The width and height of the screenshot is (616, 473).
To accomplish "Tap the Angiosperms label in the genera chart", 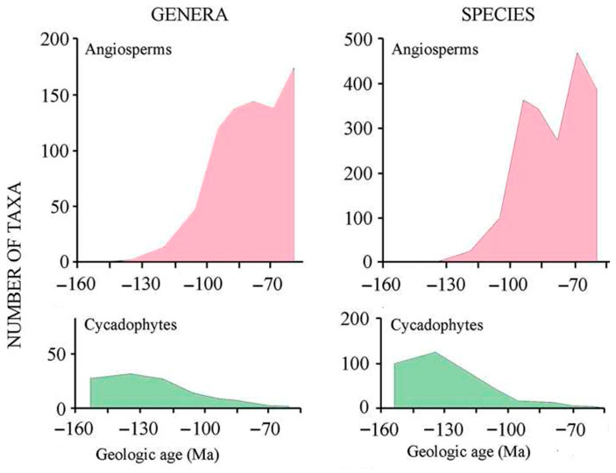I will (x=128, y=49).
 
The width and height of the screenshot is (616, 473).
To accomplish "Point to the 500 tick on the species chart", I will (x=360, y=39).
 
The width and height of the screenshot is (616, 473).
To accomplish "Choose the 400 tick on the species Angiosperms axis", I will (x=360, y=84).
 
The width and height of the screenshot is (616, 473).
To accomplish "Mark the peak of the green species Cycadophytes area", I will (x=435, y=352).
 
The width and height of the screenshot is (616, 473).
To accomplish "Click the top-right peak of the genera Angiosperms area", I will (x=294, y=67).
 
